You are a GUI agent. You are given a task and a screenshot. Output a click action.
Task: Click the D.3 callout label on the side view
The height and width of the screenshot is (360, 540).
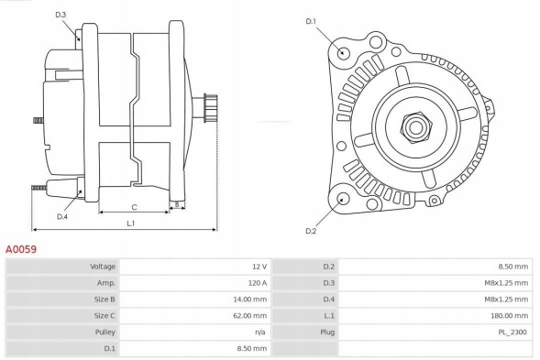pos(61,16)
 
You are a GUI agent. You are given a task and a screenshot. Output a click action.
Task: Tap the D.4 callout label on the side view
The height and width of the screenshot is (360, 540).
pos(61,216)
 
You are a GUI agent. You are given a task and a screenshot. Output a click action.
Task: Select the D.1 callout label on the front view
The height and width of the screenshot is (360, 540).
pos(310,21)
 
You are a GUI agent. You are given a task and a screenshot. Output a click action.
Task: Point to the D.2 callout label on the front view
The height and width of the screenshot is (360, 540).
pos(310,230)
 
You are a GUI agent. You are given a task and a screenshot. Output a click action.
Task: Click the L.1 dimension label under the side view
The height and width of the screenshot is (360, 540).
pos(131,223)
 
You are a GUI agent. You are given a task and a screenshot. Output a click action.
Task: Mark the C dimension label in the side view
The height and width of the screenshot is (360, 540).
pos(134,206)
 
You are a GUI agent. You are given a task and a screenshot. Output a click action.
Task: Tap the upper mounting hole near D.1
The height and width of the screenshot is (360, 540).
pos(344,52)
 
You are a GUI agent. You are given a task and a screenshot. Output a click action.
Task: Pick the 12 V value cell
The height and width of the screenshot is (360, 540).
pos(258,267)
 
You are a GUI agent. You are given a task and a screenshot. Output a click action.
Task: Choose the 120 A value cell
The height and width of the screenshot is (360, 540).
pos(256,283)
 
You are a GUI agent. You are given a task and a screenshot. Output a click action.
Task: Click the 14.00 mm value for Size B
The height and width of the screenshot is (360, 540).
pos(250,300)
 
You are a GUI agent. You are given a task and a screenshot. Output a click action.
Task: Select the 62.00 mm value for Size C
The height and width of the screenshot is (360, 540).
pos(250,316)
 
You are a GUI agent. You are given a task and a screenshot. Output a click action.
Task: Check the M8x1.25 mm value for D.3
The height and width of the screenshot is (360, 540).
pos(507,283)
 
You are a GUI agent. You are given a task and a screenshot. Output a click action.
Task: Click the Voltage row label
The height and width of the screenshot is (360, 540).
pos(101,267)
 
